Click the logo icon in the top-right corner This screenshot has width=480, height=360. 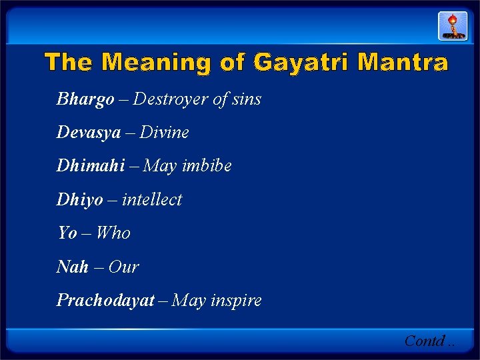[x=452, y=26]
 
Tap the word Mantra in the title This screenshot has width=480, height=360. [x=403, y=63]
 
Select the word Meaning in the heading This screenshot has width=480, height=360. [x=155, y=63]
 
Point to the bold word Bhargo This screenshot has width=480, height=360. [x=85, y=100]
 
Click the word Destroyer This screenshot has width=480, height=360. [x=170, y=99]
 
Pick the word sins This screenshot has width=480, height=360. [x=247, y=99]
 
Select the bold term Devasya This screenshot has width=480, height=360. [x=89, y=133]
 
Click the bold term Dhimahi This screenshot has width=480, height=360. [x=90, y=166]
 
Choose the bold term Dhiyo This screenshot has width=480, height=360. [x=80, y=199]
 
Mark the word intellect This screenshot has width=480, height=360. [x=151, y=199]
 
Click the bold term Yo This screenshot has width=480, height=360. [x=67, y=233]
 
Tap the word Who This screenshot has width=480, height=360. [x=113, y=233]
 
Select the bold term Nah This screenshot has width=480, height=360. [x=73, y=267]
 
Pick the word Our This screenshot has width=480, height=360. [x=123, y=267]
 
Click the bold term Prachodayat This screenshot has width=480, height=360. [x=105, y=300]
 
